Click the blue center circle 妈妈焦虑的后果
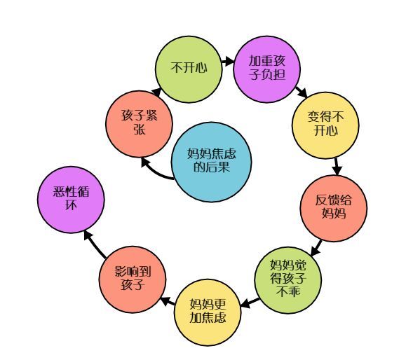point(211,162)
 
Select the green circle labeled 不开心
point(189,69)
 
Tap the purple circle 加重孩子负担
point(267,69)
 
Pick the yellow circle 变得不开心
point(325,125)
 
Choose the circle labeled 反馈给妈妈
point(334,209)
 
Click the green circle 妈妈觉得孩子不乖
point(288,279)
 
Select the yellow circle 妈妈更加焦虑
point(208,312)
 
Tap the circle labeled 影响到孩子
point(133,279)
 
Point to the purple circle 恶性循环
point(71,200)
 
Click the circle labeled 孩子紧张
point(139,124)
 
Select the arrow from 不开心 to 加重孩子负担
point(228,62)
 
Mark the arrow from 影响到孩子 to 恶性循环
point(95,244)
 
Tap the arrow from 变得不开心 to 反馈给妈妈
point(337,167)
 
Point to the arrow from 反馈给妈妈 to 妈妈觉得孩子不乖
point(316,248)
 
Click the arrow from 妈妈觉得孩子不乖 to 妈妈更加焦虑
point(250,303)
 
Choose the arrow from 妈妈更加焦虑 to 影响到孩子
point(168,301)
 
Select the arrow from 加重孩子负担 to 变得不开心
point(301,92)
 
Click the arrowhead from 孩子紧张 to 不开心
point(156,92)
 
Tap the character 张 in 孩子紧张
point(139,130)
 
